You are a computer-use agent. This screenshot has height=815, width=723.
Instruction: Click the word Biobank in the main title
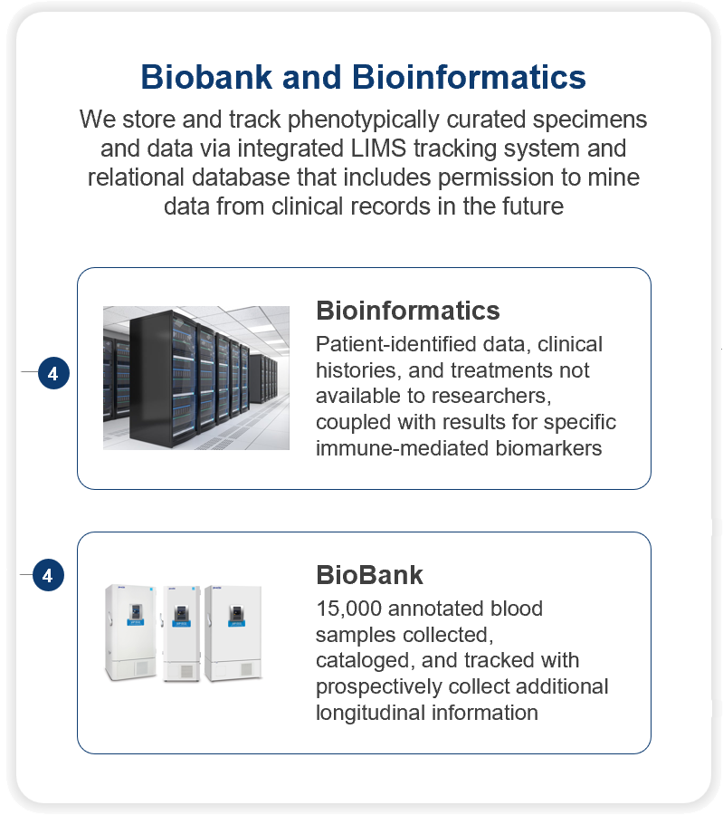(206, 77)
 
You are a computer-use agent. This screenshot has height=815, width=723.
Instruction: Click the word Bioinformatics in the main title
(469, 77)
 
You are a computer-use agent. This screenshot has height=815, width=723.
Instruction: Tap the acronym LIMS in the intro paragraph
(378, 149)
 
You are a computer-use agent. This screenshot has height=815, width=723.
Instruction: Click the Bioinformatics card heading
(408, 311)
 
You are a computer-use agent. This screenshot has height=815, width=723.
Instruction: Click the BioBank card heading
(369, 575)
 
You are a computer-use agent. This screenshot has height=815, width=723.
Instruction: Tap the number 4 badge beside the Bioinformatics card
(53, 373)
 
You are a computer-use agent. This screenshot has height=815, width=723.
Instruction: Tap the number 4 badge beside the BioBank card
(48, 575)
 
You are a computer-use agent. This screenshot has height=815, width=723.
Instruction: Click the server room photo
(196, 378)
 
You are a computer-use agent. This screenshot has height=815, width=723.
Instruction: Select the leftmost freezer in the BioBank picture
(131, 632)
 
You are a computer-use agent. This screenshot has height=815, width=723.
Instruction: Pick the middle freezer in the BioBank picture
(181, 634)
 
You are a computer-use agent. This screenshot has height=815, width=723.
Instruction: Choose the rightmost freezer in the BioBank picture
(233, 633)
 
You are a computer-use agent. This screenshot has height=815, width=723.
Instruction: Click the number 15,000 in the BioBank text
(349, 609)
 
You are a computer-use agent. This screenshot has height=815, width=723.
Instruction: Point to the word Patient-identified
(396, 344)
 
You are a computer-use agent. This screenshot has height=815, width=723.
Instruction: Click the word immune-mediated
(402, 448)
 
